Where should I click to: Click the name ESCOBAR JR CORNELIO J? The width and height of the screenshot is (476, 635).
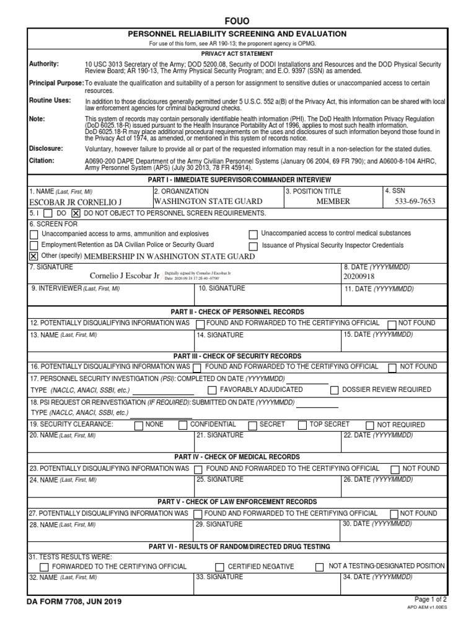click(x=76, y=202)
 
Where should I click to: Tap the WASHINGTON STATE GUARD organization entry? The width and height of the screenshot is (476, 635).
click(x=208, y=202)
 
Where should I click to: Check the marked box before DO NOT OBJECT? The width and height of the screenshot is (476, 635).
click(x=76, y=213)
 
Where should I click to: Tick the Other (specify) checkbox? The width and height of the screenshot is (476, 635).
click(x=34, y=256)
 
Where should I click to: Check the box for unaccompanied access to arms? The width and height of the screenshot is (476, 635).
click(x=34, y=234)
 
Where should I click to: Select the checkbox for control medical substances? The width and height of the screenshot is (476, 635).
click(x=253, y=234)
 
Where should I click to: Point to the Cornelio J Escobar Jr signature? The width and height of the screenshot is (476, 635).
click(x=125, y=275)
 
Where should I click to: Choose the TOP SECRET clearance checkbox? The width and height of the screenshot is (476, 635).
click(x=302, y=425)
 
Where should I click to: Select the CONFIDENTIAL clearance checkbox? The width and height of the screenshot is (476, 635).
click(x=182, y=425)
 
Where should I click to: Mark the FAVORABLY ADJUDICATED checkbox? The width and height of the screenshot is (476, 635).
click(x=212, y=391)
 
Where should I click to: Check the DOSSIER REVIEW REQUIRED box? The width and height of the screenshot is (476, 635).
click(x=335, y=391)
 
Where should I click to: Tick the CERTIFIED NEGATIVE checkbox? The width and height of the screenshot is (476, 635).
click(x=219, y=567)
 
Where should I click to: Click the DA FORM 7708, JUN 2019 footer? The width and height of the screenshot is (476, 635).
click(x=74, y=602)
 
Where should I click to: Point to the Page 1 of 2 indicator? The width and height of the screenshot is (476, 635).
click(x=430, y=599)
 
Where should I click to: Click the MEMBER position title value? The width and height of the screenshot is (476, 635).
click(x=333, y=202)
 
